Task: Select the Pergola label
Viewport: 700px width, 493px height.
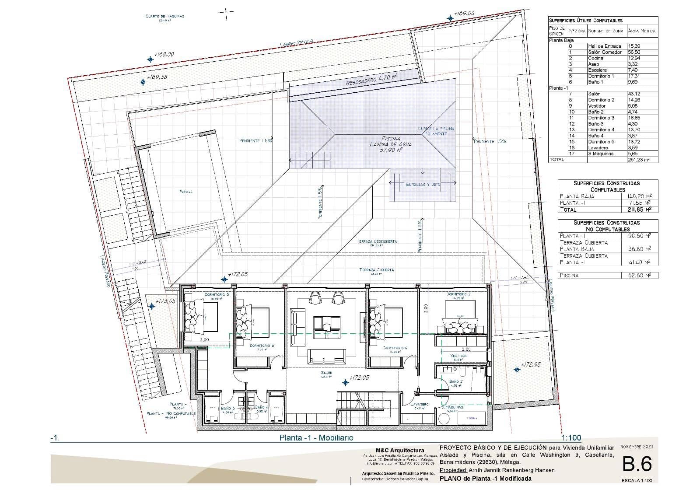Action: point(186,191)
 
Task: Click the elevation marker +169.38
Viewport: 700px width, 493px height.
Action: point(157,77)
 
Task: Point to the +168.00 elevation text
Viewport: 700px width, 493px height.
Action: point(164,54)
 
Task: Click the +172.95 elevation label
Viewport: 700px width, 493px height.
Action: point(531,364)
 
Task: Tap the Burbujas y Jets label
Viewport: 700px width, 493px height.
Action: point(423,185)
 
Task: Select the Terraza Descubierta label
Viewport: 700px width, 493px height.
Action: point(377,241)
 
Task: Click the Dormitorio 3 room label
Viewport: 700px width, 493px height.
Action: point(217,294)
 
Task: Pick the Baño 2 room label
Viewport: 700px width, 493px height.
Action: point(455,381)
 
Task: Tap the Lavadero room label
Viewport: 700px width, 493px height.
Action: point(420,405)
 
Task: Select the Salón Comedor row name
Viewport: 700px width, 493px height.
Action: point(605,52)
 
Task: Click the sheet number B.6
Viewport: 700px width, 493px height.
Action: point(637,465)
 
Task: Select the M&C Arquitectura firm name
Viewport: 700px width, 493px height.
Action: point(399,451)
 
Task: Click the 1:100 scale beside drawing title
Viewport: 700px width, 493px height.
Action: point(571,437)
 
